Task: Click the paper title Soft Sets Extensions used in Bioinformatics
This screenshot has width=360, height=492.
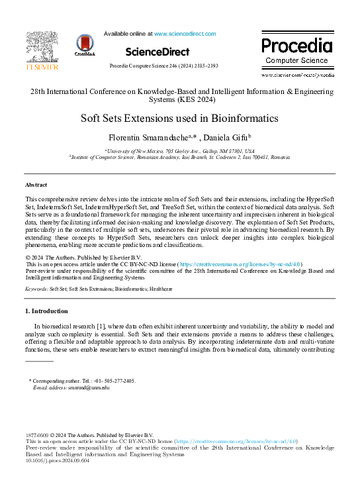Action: (x=179, y=119)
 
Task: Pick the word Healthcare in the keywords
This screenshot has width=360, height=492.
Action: (x=161, y=289)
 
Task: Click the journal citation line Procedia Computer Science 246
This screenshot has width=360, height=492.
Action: (x=163, y=66)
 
